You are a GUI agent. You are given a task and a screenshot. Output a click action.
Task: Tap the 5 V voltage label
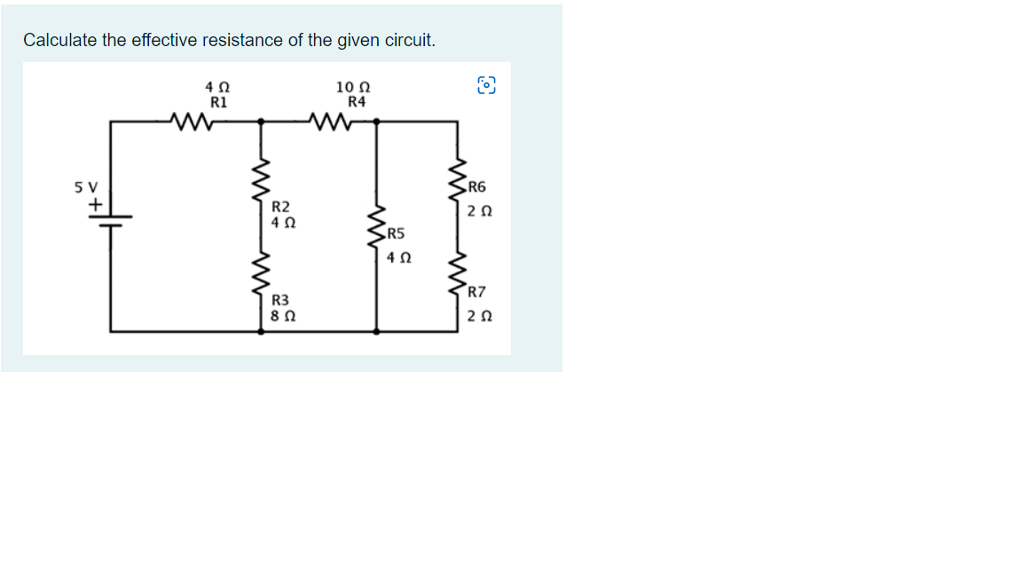pos(86,188)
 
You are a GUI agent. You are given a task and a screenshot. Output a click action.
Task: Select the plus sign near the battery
pos(92,204)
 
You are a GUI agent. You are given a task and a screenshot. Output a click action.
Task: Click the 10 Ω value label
pos(353,87)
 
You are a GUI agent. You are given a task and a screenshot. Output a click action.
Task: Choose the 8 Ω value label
pos(283,315)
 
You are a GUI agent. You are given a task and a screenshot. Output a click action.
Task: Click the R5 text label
pos(396,235)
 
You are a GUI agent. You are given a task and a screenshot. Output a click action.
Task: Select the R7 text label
pos(477,292)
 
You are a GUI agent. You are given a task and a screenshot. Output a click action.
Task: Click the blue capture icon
pos(487,85)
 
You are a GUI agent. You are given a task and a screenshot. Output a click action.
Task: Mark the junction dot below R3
pos(260,332)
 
